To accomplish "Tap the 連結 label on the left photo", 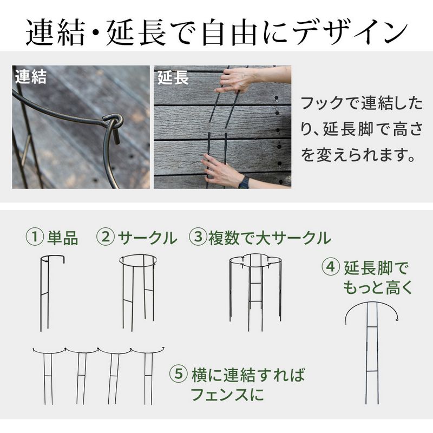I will tap(31, 77).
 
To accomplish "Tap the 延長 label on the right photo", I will tap(173, 78).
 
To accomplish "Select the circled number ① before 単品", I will tap(34, 238).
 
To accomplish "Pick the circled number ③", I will tap(197, 238).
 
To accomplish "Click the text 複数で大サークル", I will tap(269, 238).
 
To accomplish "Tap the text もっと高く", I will tap(377, 287).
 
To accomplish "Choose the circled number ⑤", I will tap(179, 375).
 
